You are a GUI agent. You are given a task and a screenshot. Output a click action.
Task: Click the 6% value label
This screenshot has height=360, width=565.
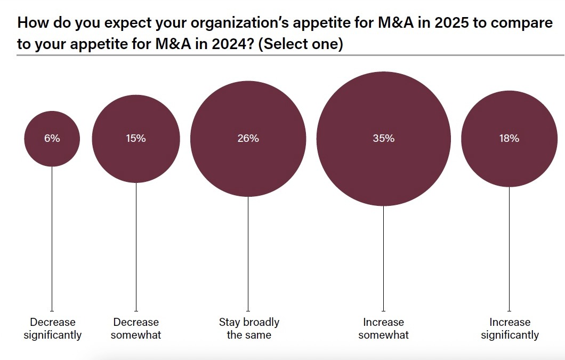tap(52, 139)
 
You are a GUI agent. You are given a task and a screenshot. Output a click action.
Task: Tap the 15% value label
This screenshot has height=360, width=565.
tap(136, 139)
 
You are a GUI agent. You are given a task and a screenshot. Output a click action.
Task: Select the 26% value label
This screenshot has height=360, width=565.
tap(248, 139)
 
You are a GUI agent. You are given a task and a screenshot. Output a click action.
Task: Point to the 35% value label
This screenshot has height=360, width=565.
tap(383, 139)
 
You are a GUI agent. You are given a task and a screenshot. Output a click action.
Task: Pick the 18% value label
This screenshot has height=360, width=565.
tap(509, 139)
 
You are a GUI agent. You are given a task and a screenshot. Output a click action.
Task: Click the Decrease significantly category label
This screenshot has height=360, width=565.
tap(52, 329)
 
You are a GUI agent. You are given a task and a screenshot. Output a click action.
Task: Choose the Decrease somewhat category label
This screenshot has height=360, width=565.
tap(136, 329)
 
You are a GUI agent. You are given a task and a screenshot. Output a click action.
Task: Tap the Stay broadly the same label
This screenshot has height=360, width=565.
tap(248, 329)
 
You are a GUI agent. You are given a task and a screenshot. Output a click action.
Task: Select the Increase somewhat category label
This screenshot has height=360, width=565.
tap(383, 329)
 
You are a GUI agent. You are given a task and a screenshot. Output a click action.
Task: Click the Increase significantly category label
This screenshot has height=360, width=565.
tap(510, 329)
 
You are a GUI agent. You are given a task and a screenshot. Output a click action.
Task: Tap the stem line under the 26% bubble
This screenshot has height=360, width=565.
tap(248, 254)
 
